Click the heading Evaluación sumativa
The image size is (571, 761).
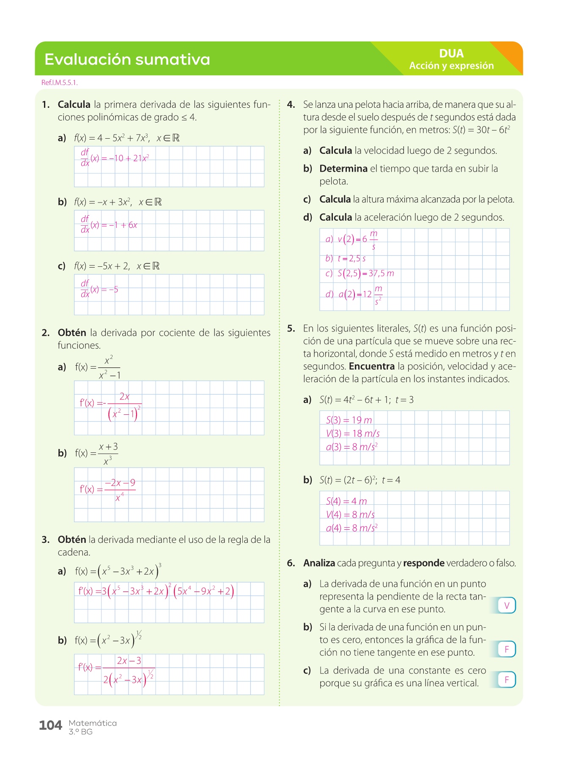(x=127, y=59)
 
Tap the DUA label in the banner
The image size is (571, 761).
(x=451, y=54)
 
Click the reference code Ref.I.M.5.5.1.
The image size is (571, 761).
(x=59, y=82)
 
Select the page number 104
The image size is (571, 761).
(x=50, y=725)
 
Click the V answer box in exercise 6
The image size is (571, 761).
(x=507, y=605)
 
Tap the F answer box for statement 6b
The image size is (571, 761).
(x=507, y=649)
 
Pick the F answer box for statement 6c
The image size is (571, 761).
(x=507, y=679)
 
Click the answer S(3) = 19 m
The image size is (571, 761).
(x=349, y=420)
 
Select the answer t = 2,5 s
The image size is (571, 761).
(x=351, y=258)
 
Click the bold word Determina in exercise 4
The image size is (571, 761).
(x=343, y=169)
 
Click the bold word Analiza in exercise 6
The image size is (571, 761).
(x=319, y=563)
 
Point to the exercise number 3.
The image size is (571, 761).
(x=45, y=539)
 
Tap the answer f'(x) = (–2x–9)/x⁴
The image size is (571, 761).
(x=107, y=490)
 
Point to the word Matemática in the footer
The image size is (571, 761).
(x=93, y=723)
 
